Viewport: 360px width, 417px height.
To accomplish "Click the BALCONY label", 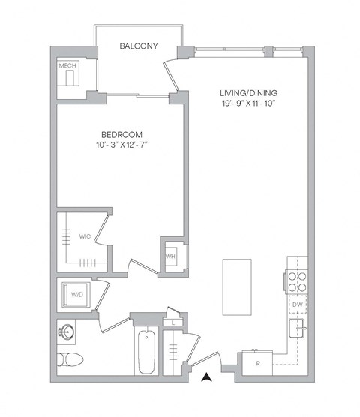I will (139, 46).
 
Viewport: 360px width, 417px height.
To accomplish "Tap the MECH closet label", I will (68, 66).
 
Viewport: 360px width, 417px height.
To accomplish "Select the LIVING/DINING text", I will (248, 93).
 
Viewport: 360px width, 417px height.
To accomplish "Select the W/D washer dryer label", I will (77, 295).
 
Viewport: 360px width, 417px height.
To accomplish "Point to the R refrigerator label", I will (259, 364).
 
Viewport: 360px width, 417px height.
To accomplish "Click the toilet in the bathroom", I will (68, 358).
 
